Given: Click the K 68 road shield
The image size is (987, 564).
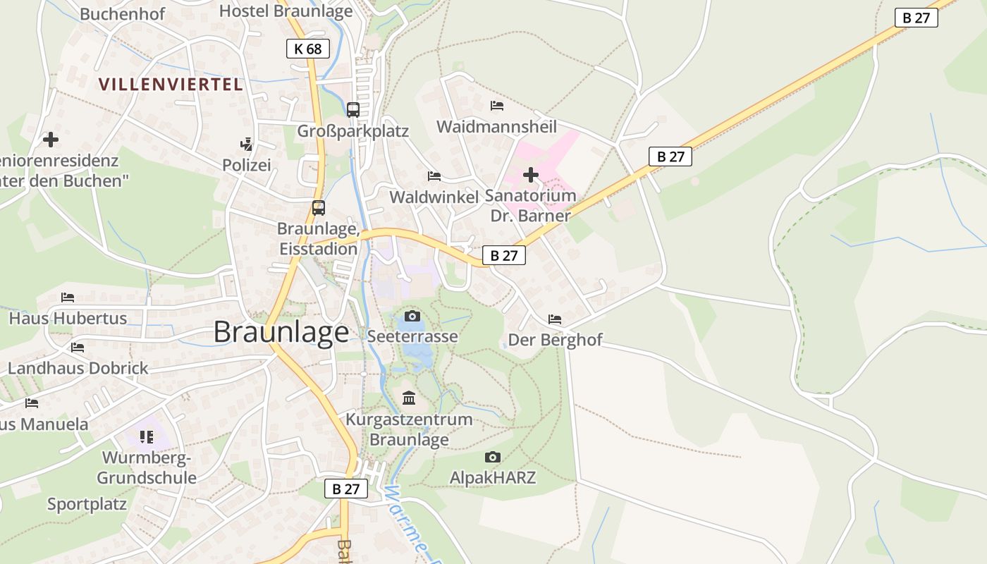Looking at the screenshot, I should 308,49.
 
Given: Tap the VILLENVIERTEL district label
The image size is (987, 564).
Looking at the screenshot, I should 171,85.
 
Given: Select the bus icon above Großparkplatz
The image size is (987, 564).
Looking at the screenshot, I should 353,110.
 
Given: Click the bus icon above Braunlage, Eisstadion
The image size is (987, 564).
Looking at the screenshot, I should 319,208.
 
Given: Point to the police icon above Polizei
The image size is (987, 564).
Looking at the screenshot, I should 246,145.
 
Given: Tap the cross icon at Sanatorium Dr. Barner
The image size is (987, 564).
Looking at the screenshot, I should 531,175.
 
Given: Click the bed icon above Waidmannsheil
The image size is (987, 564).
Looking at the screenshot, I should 497,106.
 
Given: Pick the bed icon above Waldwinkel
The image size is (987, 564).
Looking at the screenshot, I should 434,176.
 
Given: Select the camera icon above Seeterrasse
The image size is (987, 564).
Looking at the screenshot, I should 412,316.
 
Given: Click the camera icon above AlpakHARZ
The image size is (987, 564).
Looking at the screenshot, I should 493,458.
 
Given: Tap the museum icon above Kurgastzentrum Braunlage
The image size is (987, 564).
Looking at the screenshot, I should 409,398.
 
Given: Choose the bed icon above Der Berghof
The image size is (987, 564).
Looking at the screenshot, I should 555,319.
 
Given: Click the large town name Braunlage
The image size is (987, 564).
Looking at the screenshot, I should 281,332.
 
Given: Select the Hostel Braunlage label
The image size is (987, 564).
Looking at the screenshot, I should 286,11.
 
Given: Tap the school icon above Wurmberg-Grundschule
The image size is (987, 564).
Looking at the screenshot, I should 147,437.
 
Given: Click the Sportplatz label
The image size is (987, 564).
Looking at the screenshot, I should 87,504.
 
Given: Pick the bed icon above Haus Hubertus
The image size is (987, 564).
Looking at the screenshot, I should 68,298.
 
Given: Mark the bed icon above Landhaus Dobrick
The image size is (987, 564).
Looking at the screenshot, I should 78,348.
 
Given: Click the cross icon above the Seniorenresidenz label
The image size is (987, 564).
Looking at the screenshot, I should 51,140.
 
